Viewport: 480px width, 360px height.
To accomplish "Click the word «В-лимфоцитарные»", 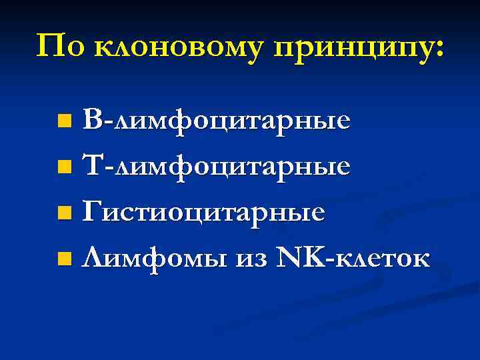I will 217,121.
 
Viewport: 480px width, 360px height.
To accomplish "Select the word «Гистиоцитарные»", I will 204,213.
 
